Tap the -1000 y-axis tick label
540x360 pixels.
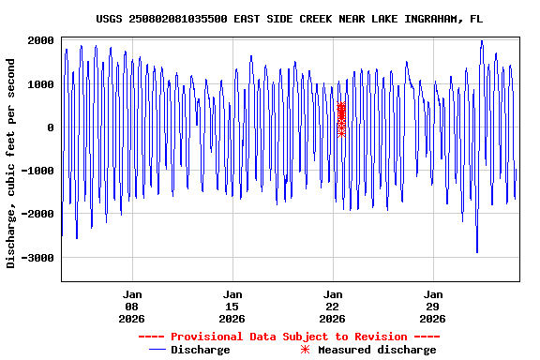[37, 171]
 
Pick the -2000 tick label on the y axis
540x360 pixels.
[37, 214]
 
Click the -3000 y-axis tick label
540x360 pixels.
[37, 257]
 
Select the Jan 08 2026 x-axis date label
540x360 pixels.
[131, 305]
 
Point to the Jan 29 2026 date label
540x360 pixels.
[433, 305]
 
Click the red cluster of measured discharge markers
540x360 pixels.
[341, 119]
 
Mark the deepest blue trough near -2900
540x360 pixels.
[476, 252]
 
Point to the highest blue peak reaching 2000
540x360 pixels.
[481, 41]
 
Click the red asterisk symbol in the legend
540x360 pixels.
[305, 350]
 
